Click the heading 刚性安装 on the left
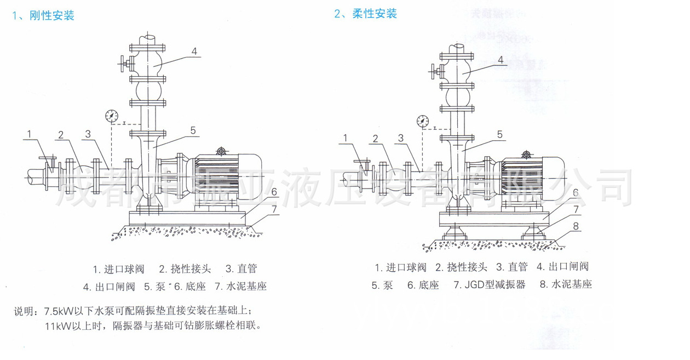pyautogui.click(x=51, y=16)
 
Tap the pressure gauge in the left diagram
pyautogui.click(x=111, y=116)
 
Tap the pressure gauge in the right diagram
pyautogui.click(x=422, y=121)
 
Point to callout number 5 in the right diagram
pyautogui.click(x=499, y=134)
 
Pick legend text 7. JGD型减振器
pyautogui.click(x=489, y=284)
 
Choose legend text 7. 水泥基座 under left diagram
pyautogui.click(x=240, y=286)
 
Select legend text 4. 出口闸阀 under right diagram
pyautogui.click(x=562, y=267)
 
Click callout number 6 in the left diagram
pyautogui.click(x=273, y=192)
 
